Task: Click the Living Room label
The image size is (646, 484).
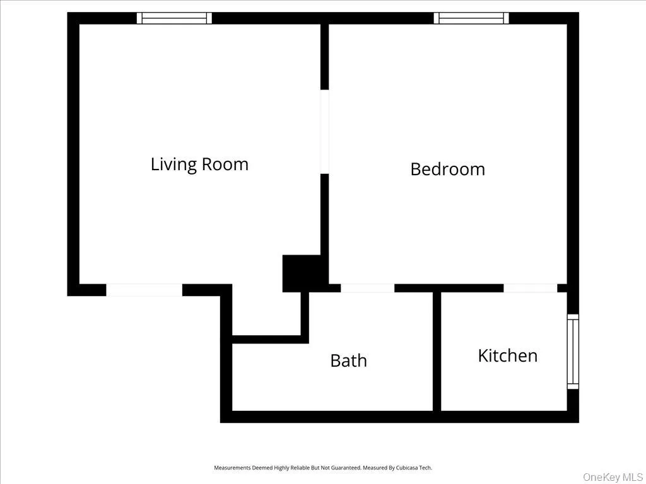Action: (199, 164)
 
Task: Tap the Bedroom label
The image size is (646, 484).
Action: (447, 169)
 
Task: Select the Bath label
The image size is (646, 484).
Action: (348, 360)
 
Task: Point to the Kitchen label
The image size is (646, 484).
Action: (507, 355)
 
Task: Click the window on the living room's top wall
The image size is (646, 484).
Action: (174, 18)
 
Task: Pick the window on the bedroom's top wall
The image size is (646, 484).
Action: (471, 18)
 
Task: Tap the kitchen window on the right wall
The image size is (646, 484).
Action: (572, 351)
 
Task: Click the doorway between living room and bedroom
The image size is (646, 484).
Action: (324, 131)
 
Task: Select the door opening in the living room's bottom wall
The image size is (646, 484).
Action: (144, 290)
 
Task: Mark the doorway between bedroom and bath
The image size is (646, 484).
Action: (367, 288)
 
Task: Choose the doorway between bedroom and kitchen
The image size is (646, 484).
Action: (530, 288)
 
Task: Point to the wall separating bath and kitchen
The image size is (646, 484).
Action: (437, 351)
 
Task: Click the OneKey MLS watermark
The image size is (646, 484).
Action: (613, 476)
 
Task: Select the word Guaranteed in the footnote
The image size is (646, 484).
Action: (344, 468)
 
